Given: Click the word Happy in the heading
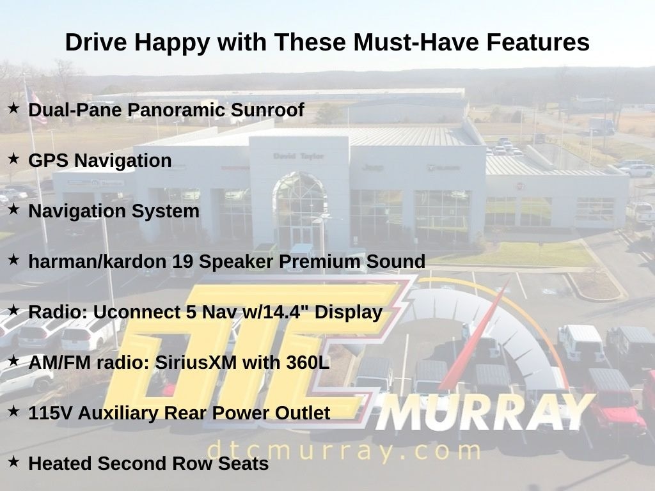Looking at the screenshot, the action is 172,43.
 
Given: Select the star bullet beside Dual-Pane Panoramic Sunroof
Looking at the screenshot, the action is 14,109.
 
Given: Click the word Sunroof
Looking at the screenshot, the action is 267,110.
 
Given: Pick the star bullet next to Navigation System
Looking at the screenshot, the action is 14,210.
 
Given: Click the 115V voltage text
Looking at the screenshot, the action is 50,413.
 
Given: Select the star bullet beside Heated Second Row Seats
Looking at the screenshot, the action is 14,462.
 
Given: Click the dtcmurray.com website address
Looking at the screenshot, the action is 343,451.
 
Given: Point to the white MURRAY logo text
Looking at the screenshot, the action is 485,412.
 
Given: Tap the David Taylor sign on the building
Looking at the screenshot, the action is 299,156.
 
